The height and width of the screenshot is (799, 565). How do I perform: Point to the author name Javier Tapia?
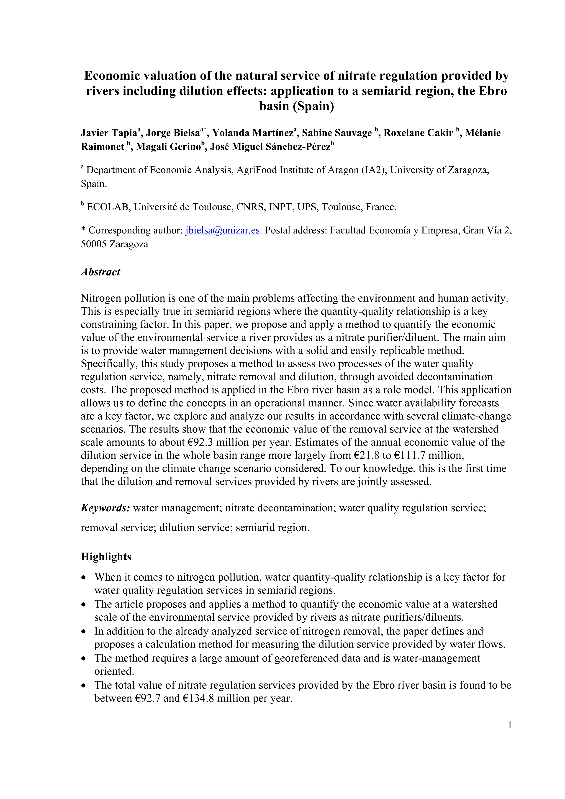(109, 133)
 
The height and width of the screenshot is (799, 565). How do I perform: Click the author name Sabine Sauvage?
(337, 133)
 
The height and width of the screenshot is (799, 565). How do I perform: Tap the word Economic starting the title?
(111, 76)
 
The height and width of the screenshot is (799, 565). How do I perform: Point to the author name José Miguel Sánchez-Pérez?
(270, 147)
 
